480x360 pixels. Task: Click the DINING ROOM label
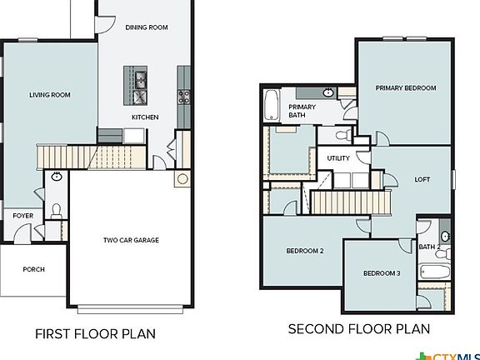click(x=147, y=27)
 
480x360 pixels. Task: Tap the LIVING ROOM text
click(x=50, y=95)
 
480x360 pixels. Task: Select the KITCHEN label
click(x=145, y=117)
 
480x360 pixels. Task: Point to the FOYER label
click(x=22, y=215)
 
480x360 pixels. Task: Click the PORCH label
click(x=33, y=269)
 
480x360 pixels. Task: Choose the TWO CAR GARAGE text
click(x=131, y=241)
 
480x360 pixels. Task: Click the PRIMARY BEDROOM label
click(x=406, y=87)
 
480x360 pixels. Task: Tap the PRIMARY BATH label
click(x=300, y=112)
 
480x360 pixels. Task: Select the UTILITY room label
click(x=337, y=157)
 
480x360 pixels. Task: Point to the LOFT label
click(x=422, y=179)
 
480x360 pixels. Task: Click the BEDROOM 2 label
click(x=305, y=251)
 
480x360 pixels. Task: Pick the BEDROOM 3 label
click(x=382, y=273)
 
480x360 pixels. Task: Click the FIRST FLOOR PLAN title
click(x=95, y=334)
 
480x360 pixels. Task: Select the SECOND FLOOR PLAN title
click(x=359, y=329)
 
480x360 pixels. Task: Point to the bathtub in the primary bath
click(x=272, y=106)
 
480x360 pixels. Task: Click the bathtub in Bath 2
click(x=434, y=272)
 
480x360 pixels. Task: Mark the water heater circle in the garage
click(x=182, y=178)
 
